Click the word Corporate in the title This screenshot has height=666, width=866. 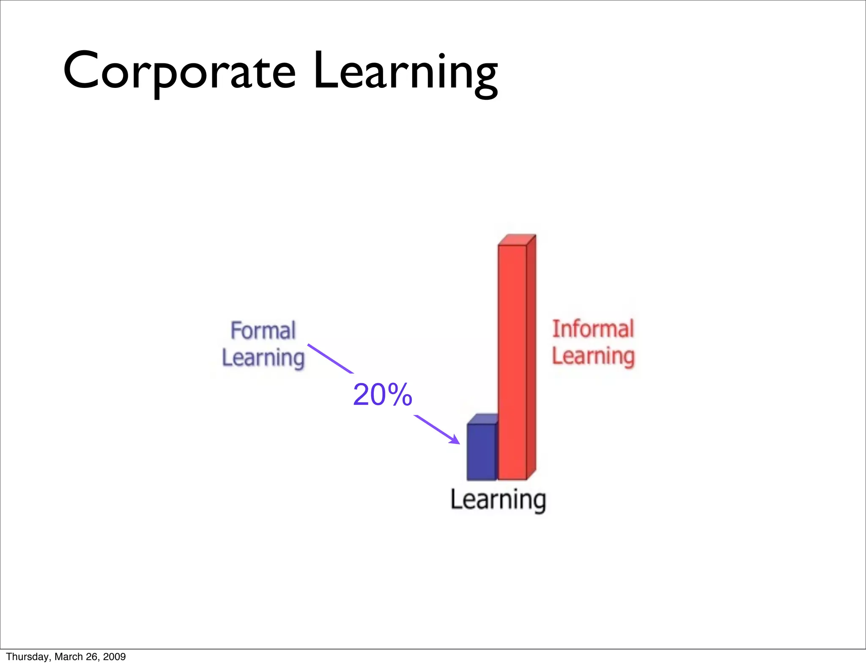point(179,71)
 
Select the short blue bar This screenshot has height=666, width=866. point(481,452)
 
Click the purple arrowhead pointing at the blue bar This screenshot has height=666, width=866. point(455,440)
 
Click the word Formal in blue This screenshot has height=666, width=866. point(263,330)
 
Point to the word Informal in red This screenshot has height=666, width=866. point(593,329)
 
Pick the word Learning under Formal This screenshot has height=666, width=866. point(263,358)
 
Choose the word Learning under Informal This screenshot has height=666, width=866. point(593,356)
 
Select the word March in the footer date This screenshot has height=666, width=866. point(69,657)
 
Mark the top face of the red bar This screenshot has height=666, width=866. point(517,239)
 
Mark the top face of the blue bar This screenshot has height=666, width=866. point(482,419)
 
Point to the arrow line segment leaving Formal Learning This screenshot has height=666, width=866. point(330,358)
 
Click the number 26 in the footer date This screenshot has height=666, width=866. point(92,657)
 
